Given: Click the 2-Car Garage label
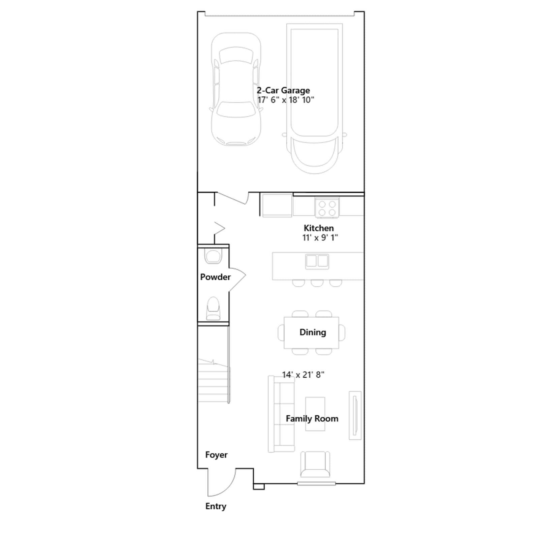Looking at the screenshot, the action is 283,90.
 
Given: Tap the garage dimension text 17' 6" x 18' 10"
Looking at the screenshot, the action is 286,100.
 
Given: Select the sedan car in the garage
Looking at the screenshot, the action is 236,89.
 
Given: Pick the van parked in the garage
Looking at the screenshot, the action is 314,98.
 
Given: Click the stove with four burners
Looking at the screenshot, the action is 327,208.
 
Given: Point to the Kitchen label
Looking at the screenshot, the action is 319,228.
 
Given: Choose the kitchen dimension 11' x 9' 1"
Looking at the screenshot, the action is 320,237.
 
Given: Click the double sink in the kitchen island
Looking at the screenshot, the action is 317,261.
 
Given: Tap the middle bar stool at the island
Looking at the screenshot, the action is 317,283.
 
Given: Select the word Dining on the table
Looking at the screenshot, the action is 313,332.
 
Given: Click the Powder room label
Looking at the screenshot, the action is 215,277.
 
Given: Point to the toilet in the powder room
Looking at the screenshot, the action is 213,308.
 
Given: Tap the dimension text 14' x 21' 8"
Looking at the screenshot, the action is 303,375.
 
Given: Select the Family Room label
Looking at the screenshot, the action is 312,419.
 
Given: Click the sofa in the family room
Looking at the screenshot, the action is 281,414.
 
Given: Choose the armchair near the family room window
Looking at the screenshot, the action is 315,464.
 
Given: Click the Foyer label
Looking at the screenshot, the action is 216,455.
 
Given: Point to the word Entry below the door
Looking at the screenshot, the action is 216,506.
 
